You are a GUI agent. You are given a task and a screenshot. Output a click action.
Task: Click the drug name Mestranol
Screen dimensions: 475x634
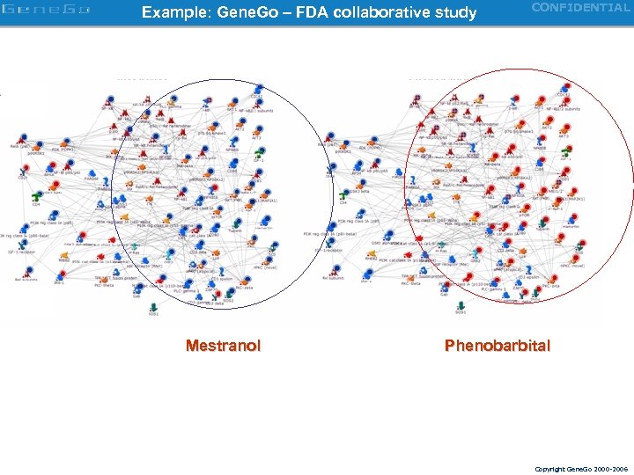tap(223, 346)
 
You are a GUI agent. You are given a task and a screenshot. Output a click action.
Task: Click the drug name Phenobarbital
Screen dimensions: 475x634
tap(498, 346)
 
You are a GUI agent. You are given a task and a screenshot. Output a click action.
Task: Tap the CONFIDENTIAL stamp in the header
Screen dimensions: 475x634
tap(580, 8)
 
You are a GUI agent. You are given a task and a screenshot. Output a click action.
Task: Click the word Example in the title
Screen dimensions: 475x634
tap(169, 13)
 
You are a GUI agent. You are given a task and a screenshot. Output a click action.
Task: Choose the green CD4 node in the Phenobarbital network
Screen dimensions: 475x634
tap(343, 195)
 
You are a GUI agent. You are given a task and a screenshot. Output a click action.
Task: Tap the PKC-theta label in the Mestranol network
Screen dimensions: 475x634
tap(103, 285)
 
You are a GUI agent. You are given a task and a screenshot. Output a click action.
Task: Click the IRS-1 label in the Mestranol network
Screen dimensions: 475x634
tap(60, 282)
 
